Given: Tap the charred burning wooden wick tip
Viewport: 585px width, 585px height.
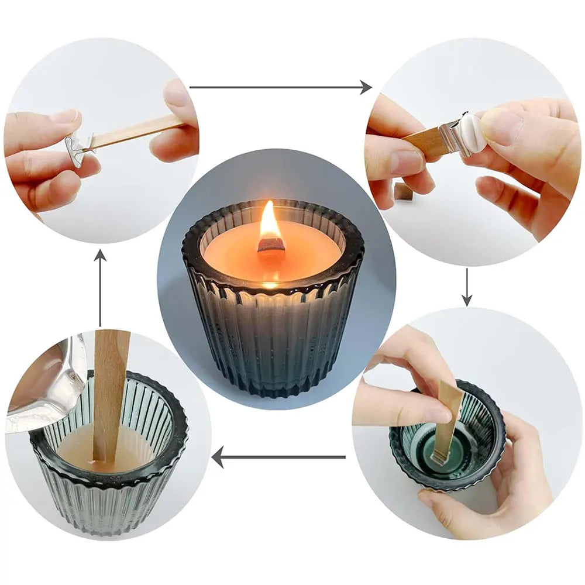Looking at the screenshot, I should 271,246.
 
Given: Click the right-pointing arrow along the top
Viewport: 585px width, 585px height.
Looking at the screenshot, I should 281,88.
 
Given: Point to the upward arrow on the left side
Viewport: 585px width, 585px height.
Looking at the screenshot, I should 101,287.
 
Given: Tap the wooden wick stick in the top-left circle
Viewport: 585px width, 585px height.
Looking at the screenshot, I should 135,132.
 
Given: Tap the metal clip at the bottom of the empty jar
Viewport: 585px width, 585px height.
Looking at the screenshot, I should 438,455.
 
